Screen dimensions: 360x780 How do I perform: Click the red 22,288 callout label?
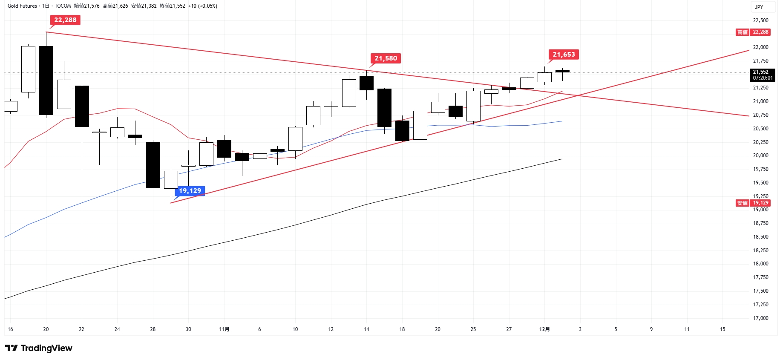pos(65,20)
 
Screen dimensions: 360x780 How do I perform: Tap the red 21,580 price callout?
pos(386,58)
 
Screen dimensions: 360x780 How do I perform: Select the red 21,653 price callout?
pos(564,55)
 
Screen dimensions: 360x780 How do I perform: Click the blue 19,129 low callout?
pos(190,191)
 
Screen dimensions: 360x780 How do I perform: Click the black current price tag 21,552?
pos(762,75)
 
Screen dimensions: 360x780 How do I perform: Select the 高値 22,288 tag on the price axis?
pos(753,32)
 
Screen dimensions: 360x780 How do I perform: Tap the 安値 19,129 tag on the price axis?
pos(753,203)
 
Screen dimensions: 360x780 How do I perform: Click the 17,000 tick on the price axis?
pos(760,318)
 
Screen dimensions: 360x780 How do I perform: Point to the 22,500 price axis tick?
pos(760,20)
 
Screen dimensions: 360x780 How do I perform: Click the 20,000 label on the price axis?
pos(760,156)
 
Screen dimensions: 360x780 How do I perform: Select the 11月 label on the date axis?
pos(224,329)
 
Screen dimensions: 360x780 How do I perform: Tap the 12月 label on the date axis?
pos(544,329)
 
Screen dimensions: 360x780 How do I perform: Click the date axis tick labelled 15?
pos(722,329)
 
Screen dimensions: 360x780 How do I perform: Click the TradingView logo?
pos(39,348)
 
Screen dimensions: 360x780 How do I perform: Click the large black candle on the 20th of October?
pos(46,80)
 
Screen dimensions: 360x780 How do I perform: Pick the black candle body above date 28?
pos(153,164)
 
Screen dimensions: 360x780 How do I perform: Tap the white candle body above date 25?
pos(473,106)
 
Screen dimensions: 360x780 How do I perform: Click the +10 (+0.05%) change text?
pos(203,6)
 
